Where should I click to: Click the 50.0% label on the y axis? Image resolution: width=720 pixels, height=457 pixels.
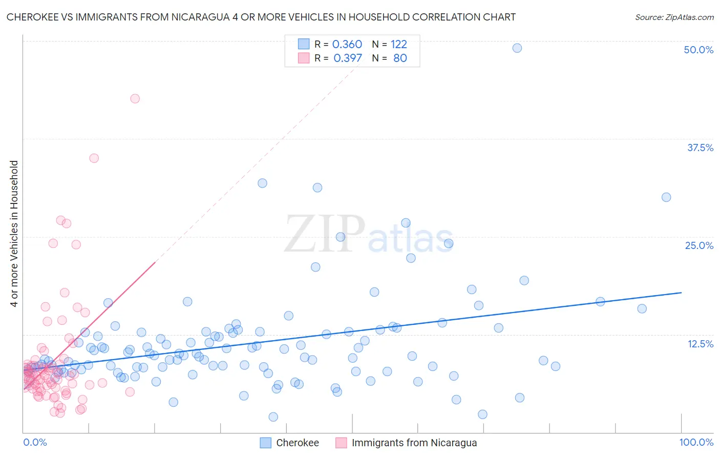pyautogui.click(x=698, y=50)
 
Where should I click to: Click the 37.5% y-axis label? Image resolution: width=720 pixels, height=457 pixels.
pyautogui.click(x=700, y=148)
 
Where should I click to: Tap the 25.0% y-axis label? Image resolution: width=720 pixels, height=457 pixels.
pyautogui.click(x=699, y=245)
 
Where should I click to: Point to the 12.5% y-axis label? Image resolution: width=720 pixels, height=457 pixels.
pyautogui.click(x=700, y=344)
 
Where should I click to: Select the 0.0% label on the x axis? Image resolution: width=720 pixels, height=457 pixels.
pyautogui.click(x=35, y=442)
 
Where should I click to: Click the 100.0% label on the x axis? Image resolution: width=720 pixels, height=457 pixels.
pyautogui.click(x=696, y=442)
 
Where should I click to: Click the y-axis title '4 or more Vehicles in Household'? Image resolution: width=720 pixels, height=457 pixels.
pyautogui.click(x=14, y=234)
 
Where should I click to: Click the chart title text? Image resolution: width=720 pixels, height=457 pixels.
pyautogui.click(x=261, y=17)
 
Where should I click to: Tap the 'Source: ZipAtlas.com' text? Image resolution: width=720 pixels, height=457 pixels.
pyautogui.click(x=674, y=17)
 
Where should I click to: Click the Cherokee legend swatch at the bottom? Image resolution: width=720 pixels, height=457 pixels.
pyautogui.click(x=265, y=443)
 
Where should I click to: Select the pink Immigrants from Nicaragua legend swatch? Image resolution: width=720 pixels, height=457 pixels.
pyautogui.click(x=341, y=443)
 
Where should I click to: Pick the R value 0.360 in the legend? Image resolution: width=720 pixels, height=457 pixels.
pyautogui.click(x=347, y=44)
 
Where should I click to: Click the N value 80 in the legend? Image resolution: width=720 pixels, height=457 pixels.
pyautogui.click(x=400, y=58)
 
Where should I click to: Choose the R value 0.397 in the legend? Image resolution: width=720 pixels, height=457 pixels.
pyautogui.click(x=347, y=58)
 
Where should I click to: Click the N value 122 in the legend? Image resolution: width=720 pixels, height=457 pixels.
pyautogui.click(x=398, y=44)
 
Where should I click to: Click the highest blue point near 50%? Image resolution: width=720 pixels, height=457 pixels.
pyautogui.click(x=517, y=48)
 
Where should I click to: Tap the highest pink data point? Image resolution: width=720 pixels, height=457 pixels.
pyautogui.click(x=135, y=98)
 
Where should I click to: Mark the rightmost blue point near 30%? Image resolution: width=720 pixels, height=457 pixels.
pyautogui.click(x=666, y=197)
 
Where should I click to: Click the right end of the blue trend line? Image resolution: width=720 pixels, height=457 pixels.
pyautogui.click(x=681, y=292)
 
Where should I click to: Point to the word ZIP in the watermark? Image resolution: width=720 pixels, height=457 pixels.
pyautogui.click(x=325, y=235)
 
